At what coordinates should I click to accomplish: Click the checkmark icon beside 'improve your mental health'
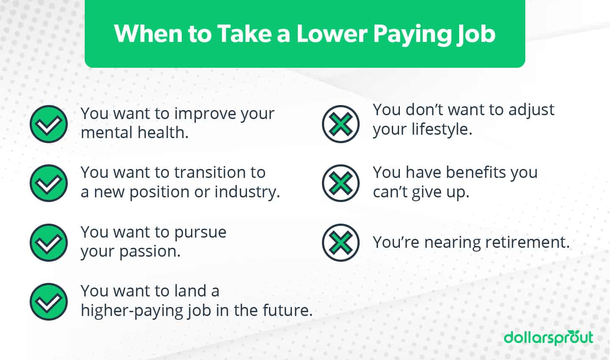(49, 124)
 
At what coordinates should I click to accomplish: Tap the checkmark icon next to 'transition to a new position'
(49, 183)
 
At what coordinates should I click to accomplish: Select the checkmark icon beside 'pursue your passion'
(49, 242)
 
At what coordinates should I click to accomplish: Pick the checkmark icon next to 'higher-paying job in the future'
(49, 302)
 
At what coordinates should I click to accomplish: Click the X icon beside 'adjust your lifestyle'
(341, 124)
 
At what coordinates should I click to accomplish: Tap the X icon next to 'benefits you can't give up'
(341, 183)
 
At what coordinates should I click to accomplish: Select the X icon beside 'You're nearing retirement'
(341, 242)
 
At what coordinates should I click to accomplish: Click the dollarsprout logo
(548, 338)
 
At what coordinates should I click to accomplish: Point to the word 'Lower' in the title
(332, 34)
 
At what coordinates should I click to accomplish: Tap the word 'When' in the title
(148, 34)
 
